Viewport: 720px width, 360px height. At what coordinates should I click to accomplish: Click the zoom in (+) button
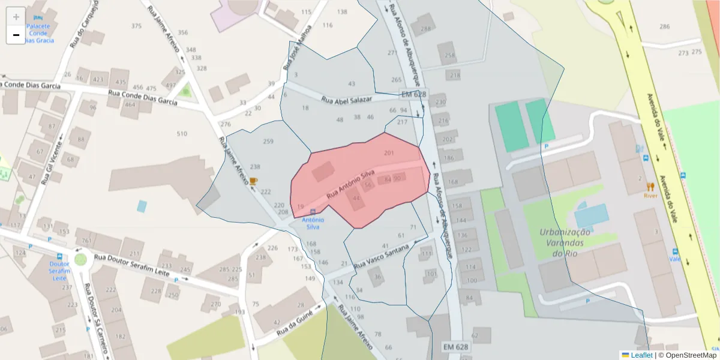point(16,17)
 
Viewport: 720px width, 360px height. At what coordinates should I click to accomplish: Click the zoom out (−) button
point(16,35)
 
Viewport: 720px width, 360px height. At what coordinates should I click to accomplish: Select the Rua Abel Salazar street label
point(347,100)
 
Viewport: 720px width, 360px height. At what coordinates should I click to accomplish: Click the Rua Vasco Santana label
point(382,257)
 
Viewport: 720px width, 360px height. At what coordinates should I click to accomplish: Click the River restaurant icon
point(650,187)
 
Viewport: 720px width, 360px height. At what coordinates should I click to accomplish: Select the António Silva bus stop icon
point(312,212)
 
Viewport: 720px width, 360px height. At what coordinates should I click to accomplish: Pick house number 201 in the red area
point(389,153)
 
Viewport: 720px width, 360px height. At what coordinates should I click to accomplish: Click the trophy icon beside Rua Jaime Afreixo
point(253,181)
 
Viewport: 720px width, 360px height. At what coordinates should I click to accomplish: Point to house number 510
point(182,133)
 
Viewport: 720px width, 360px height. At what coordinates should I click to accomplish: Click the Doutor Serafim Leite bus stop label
point(59,271)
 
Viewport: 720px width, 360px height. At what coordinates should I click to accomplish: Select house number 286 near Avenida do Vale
point(664,26)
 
